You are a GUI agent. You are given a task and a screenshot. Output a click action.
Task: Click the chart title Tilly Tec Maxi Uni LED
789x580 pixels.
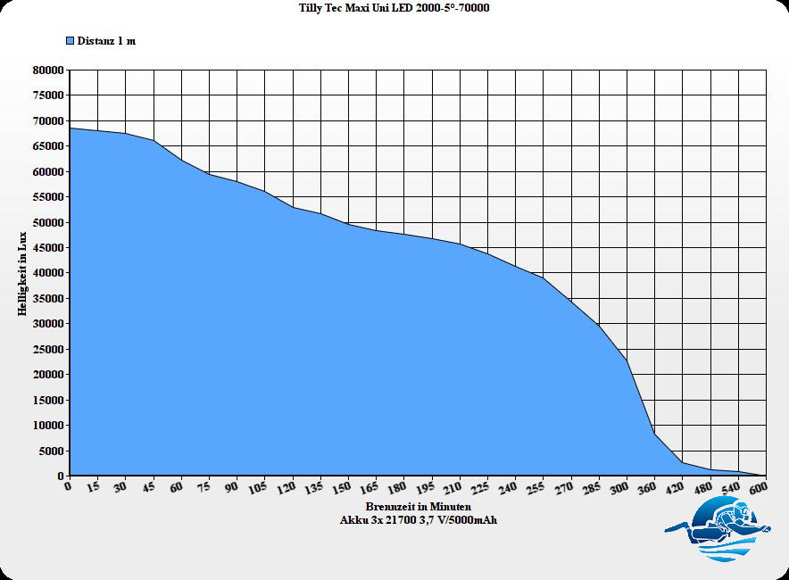(394, 8)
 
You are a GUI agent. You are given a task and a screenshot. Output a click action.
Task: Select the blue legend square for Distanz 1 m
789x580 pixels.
(70, 41)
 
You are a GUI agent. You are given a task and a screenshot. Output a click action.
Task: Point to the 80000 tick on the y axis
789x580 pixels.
(47, 70)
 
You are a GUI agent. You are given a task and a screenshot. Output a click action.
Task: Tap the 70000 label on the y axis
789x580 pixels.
(47, 120)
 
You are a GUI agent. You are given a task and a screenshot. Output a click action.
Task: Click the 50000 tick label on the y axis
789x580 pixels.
(47, 222)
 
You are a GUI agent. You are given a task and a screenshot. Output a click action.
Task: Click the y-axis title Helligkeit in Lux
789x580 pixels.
(22, 273)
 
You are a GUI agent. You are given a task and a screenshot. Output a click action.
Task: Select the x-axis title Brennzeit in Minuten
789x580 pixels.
(418, 507)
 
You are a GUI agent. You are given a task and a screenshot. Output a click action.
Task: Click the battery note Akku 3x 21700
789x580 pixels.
(418, 520)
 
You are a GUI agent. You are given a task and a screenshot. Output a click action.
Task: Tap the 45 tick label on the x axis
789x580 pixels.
(148, 489)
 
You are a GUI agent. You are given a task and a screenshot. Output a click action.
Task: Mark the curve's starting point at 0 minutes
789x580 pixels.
(70, 128)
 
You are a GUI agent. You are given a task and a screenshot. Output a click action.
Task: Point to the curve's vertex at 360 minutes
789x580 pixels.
(655, 434)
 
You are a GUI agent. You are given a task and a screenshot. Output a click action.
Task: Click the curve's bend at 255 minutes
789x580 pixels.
(543, 278)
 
